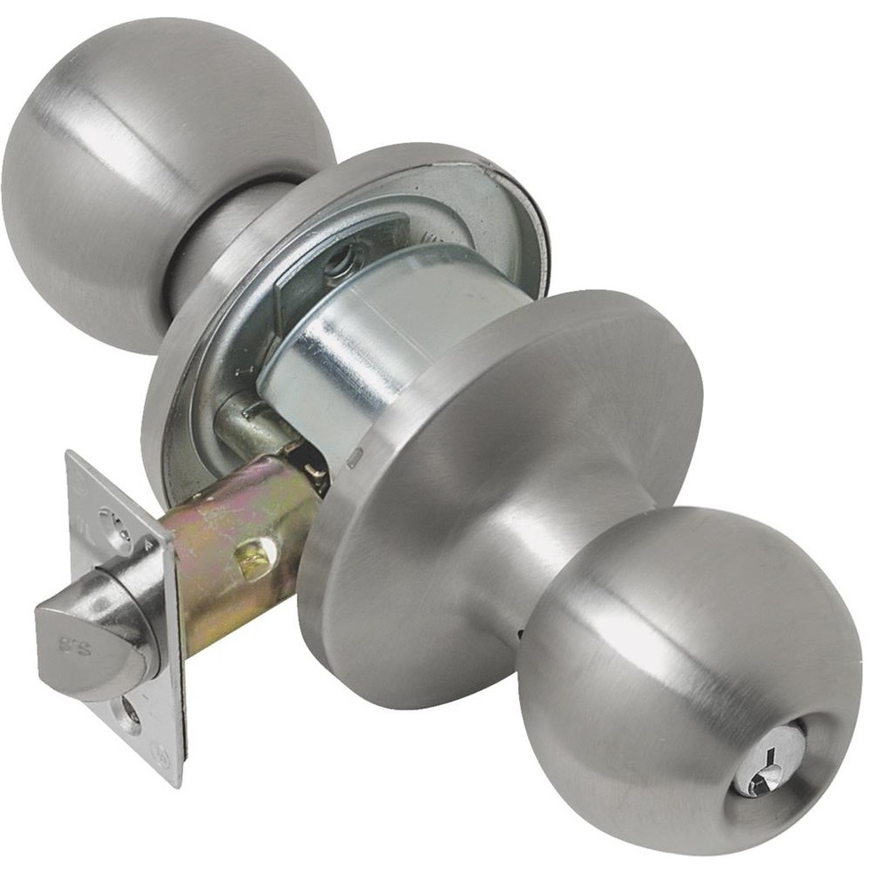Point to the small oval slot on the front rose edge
coord(354,458)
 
